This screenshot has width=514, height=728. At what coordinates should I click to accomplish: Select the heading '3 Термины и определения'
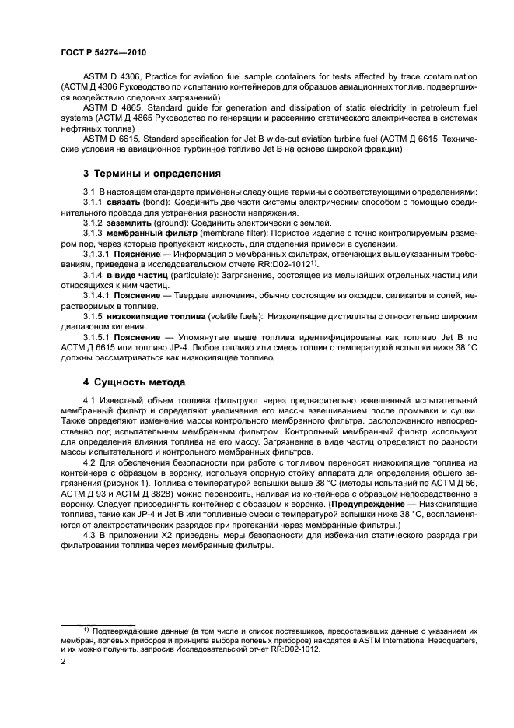(x=152, y=173)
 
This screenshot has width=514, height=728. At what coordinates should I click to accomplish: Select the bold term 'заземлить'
(x=130, y=222)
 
